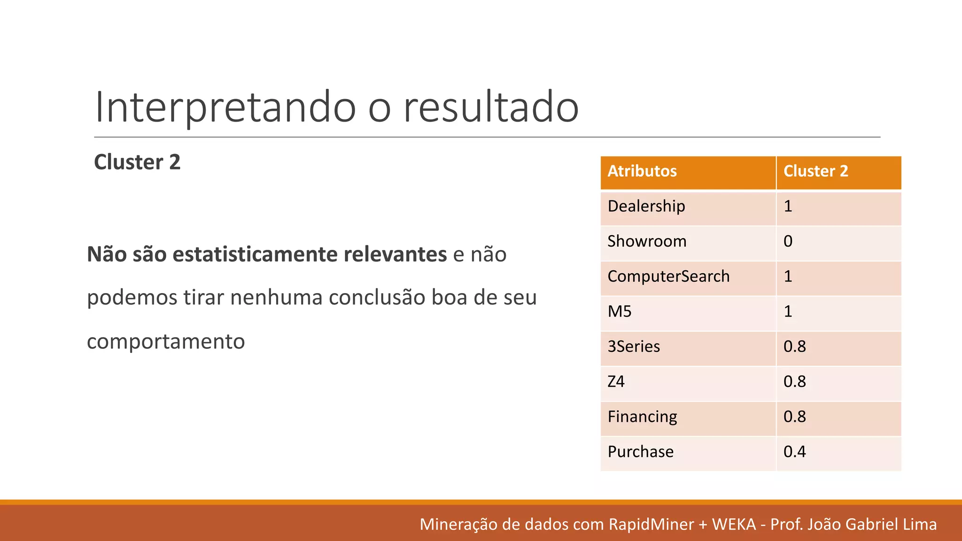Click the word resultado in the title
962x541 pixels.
491,107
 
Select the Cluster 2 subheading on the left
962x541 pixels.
137,162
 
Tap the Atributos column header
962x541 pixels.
642,171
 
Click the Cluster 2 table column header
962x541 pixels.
815,171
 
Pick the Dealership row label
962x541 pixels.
646,206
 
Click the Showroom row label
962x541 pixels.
647,241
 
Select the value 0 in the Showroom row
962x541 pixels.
788,241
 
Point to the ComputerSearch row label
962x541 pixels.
668,276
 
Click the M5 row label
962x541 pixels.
620,311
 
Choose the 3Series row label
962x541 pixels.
634,347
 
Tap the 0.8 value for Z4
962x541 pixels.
794,381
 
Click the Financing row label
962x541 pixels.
642,417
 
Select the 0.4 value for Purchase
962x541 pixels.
794,452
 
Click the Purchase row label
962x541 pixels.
640,452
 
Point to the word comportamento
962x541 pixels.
166,341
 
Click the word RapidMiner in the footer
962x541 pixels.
651,524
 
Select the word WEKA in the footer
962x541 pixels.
734,524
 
